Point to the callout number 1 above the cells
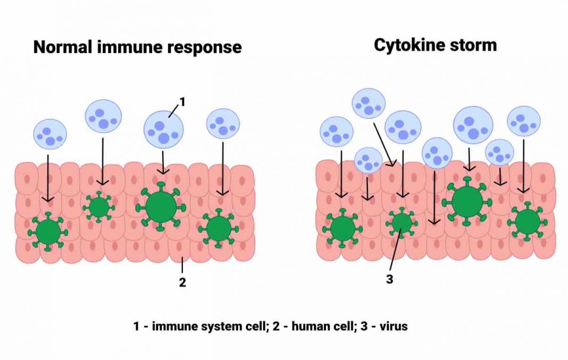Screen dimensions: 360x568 pyautogui.click(x=182, y=102)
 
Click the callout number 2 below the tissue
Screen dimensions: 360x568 pyautogui.click(x=182, y=282)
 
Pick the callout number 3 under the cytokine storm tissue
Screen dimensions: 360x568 pyautogui.click(x=389, y=279)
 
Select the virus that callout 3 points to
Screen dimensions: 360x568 pyautogui.click(x=402, y=222)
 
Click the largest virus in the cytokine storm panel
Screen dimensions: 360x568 pyautogui.click(x=467, y=202)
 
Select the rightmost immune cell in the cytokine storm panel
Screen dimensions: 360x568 pyautogui.click(x=523, y=122)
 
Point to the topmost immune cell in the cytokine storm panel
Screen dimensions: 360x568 pyautogui.click(x=369, y=104)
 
